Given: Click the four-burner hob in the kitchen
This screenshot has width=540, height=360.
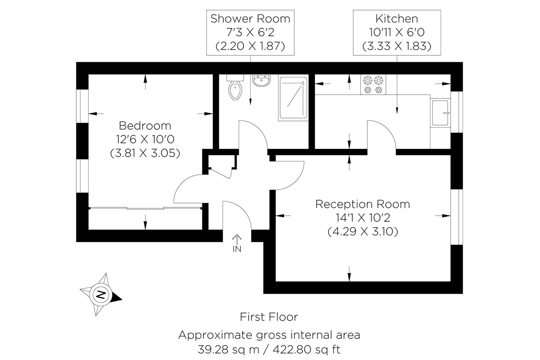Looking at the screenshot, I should [373, 85].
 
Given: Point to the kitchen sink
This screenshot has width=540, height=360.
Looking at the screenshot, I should [440, 113].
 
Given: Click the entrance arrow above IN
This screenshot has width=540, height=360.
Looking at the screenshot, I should [237, 239].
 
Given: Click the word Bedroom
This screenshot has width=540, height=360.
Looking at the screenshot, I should [145, 126].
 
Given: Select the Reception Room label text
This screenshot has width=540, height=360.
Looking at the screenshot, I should [363, 204].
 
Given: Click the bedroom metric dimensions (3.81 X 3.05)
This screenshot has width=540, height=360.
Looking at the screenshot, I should [145, 153].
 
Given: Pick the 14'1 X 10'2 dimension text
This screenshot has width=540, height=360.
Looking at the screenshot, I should [363, 218].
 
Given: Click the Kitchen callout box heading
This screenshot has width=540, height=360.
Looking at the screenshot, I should [397, 19].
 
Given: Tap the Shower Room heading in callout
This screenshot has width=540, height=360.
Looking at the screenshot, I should [250, 19].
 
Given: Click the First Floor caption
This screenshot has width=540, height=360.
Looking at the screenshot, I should [269, 317].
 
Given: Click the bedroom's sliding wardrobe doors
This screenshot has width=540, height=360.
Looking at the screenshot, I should [145, 209].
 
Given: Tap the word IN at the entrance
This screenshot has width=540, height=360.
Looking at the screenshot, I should [237, 249].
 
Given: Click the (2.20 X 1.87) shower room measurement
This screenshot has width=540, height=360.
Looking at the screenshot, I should [250, 46].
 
